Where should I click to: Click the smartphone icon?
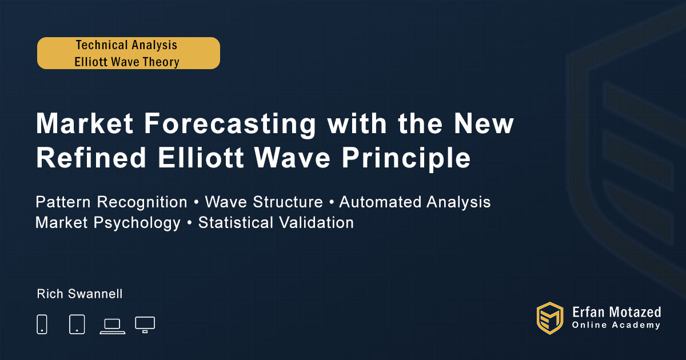pyautogui.click(x=42, y=324)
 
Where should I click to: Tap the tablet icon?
pyautogui.click(x=77, y=324)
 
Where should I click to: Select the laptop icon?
pyautogui.click(x=113, y=326)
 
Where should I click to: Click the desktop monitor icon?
pyautogui.click(x=145, y=325)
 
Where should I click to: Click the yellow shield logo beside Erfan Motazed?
pyautogui.click(x=550, y=318)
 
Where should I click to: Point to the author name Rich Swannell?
pyautogui.click(x=79, y=294)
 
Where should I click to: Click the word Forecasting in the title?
pyautogui.click(x=230, y=124)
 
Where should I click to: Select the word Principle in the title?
pyautogui.click(x=406, y=159)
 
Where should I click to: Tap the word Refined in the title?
pyautogui.click(x=91, y=158)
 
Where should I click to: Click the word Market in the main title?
pyautogui.click(x=85, y=123)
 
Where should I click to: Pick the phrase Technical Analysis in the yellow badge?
pyautogui.click(x=126, y=45)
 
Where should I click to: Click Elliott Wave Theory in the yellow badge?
pyautogui.click(x=127, y=62)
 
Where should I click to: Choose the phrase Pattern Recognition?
pyautogui.click(x=111, y=202)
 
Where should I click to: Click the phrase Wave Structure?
pyautogui.click(x=264, y=202)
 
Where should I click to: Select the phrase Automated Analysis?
pyautogui.click(x=414, y=202)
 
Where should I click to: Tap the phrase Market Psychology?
pyautogui.click(x=108, y=223)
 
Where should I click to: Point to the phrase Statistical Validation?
pyautogui.click(x=276, y=222)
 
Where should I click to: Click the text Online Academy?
pyautogui.click(x=616, y=325)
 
